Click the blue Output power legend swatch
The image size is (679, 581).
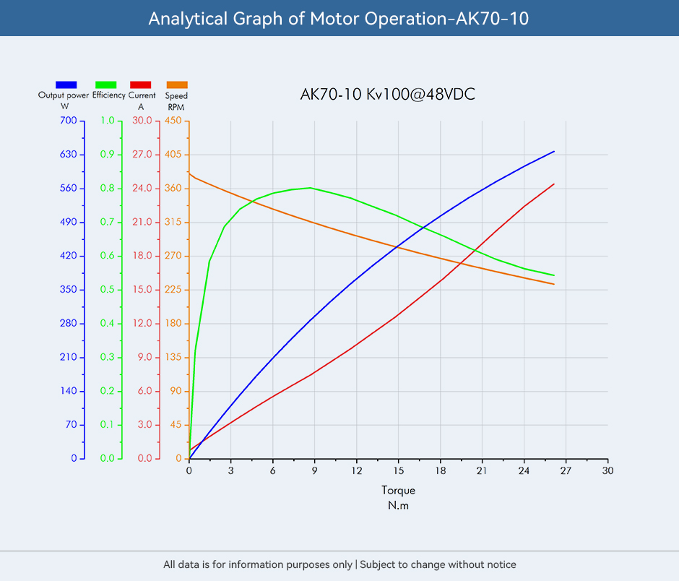66,85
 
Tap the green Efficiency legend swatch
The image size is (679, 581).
105,85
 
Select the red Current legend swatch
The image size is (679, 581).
141,85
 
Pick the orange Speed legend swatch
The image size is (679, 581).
177,85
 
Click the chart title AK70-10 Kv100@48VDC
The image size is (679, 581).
387,95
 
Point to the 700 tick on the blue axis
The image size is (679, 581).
68,121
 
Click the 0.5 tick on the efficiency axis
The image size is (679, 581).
107,290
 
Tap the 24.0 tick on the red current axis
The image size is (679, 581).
143,189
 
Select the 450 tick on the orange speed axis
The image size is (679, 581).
173,121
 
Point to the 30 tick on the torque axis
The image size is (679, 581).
607,471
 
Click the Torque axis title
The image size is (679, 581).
398,491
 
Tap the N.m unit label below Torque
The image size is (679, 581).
398,506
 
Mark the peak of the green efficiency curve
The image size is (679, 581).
310,188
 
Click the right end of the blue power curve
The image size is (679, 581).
554,151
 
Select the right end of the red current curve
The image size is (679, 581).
554,184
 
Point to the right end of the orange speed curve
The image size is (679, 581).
554,284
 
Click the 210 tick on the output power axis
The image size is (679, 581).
68,357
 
